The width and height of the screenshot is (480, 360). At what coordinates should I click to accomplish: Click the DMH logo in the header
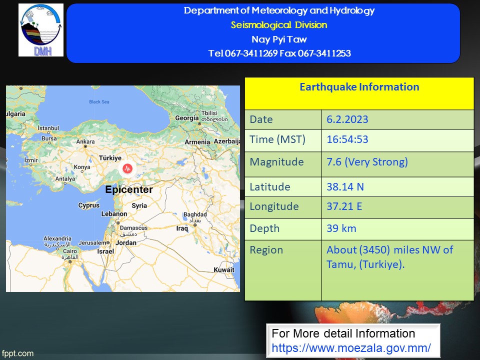point(41,30)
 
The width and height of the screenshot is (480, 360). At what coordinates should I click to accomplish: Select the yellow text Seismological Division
point(279,25)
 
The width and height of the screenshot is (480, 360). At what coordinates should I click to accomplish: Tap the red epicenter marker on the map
point(127,168)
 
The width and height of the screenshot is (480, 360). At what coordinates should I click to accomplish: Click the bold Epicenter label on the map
point(129,189)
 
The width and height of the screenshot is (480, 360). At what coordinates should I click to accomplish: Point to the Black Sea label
point(99,101)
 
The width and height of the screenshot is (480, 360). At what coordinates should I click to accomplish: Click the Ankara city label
point(85,141)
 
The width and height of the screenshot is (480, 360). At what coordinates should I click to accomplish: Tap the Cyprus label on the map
point(89,205)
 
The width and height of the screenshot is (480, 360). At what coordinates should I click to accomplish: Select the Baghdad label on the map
point(195,214)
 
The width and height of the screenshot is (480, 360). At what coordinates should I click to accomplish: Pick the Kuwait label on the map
point(224,269)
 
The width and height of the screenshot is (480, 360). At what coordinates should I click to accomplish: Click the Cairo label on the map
point(70,251)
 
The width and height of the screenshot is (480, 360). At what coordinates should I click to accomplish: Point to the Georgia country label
point(186,118)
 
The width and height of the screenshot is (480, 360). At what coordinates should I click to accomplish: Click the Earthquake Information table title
point(359,87)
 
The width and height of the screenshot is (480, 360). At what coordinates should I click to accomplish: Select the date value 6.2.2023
point(347,119)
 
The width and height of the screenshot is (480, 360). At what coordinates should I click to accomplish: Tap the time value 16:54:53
point(347,139)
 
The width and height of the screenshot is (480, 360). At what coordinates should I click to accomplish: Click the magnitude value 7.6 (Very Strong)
point(367,162)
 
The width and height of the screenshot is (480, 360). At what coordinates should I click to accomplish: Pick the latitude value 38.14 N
point(345,186)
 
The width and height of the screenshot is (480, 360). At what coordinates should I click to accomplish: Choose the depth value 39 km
point(341,228)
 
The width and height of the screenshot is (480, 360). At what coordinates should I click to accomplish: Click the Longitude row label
point(274,206)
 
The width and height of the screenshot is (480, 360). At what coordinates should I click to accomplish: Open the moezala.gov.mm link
point(351,348)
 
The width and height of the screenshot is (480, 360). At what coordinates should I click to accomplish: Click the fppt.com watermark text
point(17,353)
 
